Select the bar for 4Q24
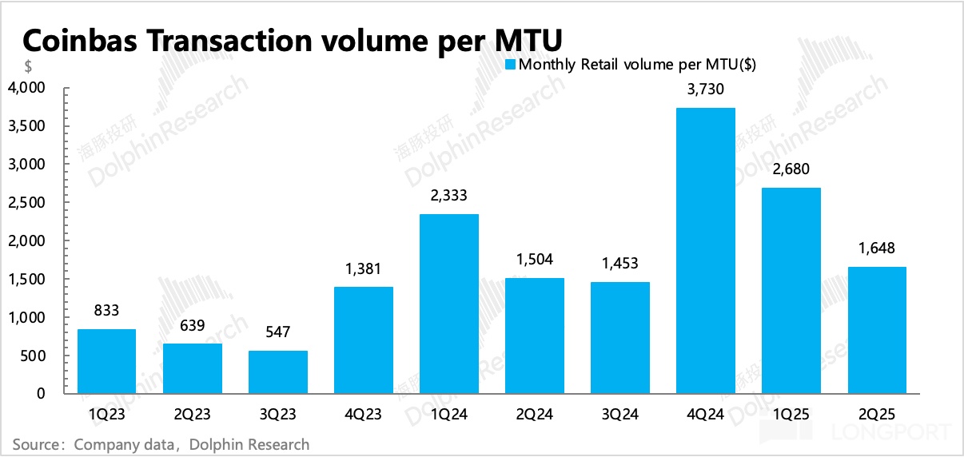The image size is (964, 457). [705, 251]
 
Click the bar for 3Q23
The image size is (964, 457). [278, 372]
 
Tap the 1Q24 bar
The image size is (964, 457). [449, 304]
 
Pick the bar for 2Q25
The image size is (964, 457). [876, 330]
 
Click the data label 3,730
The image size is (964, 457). [705, 90]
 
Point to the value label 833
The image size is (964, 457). [106, 312]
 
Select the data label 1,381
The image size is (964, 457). [363, 269]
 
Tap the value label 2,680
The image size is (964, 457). [791, 170]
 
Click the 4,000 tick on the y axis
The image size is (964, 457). [28, 87]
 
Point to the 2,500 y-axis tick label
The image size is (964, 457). [28, 202]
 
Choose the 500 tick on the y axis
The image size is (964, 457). [35, 356]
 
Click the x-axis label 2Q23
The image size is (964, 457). [192, 415]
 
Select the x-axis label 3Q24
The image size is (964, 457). [619, 415]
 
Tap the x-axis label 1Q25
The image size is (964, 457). [791, 415]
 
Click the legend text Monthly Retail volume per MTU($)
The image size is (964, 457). [637, 66]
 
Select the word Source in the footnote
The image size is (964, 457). [37, 444]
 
